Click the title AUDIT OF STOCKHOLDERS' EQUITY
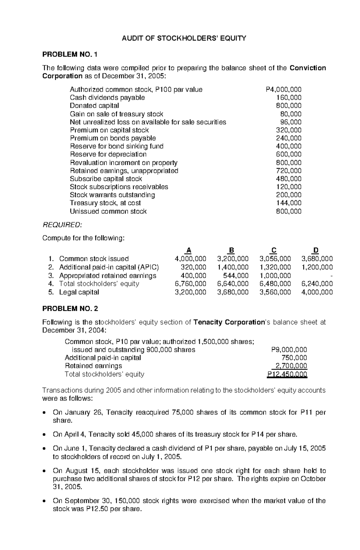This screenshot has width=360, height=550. tap(184, 38)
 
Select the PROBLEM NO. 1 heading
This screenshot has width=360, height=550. tap(70, 55)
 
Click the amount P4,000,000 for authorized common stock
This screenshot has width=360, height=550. tap(283, 89)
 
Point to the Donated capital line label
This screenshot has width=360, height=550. tap(94, 106)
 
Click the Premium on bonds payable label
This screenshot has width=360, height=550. tap(113, 138)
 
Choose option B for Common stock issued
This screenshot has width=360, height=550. tap(233, 259)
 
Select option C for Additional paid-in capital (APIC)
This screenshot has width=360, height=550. tap(275, 267)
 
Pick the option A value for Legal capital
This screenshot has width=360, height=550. tap(190, 292)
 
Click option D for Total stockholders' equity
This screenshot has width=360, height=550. tap(317, 284)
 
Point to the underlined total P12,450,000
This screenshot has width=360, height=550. tap(287, 374)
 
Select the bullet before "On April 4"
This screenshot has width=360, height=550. tap(45, 435)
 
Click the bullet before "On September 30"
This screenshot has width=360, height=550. tap(45, 501)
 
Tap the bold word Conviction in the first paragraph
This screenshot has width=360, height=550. tap(308, 68)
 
